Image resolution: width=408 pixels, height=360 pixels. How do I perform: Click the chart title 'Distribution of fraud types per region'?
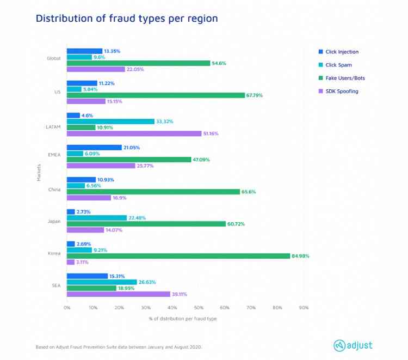(126, 19)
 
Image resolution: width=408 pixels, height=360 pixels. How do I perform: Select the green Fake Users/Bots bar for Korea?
(178, 256)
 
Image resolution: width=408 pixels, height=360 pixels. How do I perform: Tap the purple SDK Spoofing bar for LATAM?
(134, 133)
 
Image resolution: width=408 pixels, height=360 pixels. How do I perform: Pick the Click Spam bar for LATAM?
(110, 121)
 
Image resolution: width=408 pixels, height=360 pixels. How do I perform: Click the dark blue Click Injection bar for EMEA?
(94, 148)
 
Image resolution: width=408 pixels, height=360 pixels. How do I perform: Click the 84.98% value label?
(301, 256)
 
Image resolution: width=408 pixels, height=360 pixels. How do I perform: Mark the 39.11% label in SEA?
(180, 294)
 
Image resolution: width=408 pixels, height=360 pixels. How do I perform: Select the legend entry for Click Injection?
(342, 52)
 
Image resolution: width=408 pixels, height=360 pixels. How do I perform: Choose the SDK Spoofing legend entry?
(342, 91)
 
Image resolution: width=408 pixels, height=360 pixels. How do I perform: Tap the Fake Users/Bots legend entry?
(345, 78)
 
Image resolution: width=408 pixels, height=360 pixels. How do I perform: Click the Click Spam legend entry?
(338, 65)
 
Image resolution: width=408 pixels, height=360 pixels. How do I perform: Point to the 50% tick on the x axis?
(199, 308)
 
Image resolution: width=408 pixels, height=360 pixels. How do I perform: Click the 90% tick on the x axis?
(304, 308)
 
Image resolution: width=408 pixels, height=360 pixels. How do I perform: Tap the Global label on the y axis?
(53, 58)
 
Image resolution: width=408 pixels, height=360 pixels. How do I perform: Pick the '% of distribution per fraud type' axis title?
(182, 319)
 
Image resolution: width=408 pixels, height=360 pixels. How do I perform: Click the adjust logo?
(353, 345)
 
